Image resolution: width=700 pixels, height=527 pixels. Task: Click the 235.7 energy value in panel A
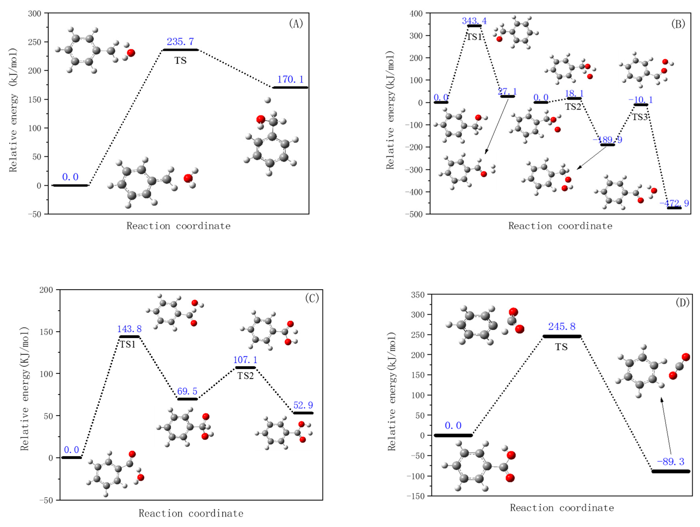(x=180, y=41)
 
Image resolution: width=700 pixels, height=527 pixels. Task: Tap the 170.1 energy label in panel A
(x=290, y=79)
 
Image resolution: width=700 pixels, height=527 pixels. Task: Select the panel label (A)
(x=296, y=23)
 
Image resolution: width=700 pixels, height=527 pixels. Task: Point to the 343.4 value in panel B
(x=474, y=21)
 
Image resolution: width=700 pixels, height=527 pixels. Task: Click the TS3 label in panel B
(x=640, y=117)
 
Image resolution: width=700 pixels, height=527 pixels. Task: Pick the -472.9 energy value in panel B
(x=674, y=203)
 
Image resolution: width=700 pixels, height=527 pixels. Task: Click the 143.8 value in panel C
(x=129, y=329)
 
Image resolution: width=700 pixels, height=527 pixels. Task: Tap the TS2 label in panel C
(x=246, y=376)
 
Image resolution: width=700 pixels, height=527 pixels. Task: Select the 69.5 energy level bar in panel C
(x=187, y=399)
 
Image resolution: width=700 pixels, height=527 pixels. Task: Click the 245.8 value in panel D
(x=562, y=326)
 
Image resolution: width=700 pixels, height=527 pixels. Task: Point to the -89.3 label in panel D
(x=671, y=462)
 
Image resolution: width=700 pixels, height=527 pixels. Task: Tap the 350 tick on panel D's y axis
(x=417, y=295)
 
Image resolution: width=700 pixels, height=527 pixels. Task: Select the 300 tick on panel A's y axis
(x=35, y=13)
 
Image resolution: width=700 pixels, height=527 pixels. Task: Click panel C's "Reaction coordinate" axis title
(x=191, y=513)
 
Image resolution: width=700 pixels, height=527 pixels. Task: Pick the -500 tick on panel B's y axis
(x=414, y=214)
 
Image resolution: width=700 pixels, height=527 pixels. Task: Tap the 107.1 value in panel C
(x=245, y=360)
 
